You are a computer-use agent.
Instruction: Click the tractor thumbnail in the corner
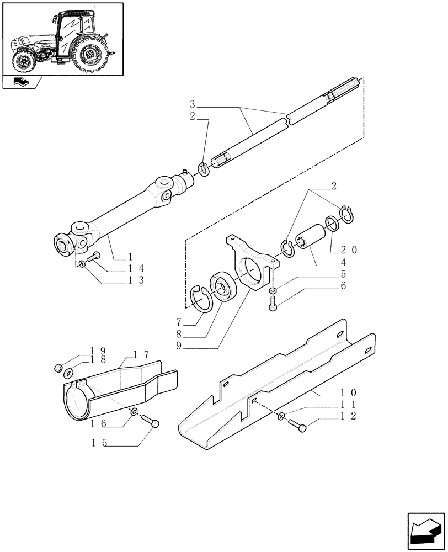click(x=62, y=39)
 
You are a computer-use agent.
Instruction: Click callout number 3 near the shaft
click(x=192, y=104)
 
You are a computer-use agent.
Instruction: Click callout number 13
click(x=133, y=280)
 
